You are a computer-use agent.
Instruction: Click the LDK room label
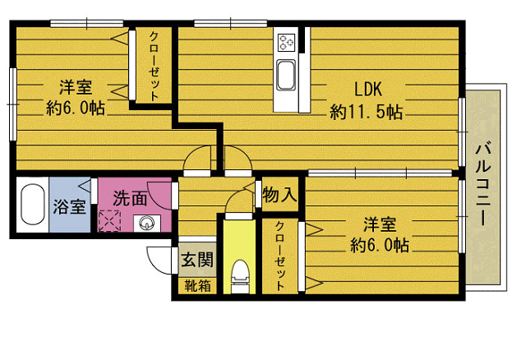pyautogui.click(x=368, y=90)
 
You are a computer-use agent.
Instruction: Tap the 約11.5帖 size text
pyautogui.click(x=366, y=112)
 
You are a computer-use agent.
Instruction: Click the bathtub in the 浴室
pyautogui.click(x=33, y=205)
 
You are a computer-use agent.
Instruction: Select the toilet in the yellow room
pyautogui.click(x=240, y=276)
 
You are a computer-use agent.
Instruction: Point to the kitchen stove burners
pyautogui.click(x=287, y=42)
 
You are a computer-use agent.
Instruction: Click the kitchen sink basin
pyautogui.click(x=286, y=75)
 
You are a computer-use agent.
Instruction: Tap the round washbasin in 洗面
pyautogui.click(x=146, y=223)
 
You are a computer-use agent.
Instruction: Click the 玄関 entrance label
pyautogui.click(x=197, y=259)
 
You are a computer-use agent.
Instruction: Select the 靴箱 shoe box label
pyautogui.click(x=197, y=286)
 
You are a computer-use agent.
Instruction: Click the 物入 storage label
pyautogui.click(x=280, y=195)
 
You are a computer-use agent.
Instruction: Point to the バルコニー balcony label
pyautogui.click(x=483, y=184)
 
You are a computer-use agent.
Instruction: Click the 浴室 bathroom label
pyautogui.click(x=69, y=206)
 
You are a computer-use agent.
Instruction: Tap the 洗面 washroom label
pyautogui.click(x=130, y=199)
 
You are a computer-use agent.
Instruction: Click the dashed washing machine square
pyautogui.click(x=109, y=220)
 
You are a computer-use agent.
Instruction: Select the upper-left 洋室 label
pyautogui.click(x=76, y=87)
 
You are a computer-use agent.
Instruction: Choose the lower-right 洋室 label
pyautogui.click(x=380, y=224)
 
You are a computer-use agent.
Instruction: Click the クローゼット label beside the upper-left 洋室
pyautogui.click(x=154, y=66)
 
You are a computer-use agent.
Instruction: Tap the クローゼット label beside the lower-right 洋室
pyautogui.click(x=279, y=256)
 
